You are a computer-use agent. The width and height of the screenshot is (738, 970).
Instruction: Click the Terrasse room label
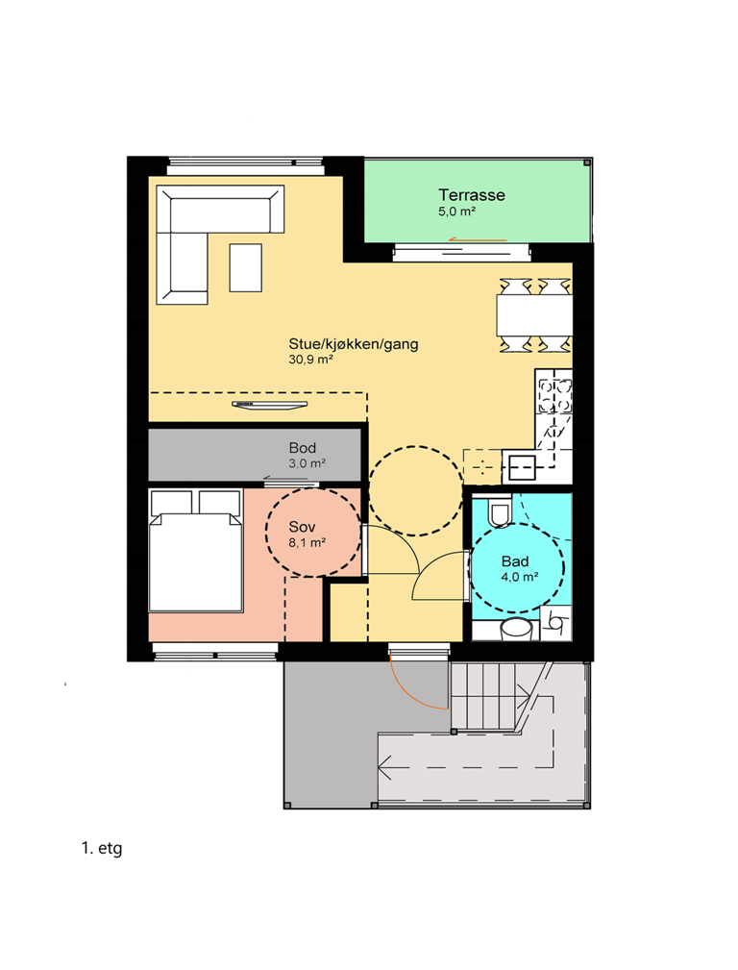472,195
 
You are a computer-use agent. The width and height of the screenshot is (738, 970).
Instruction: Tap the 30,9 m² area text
310,360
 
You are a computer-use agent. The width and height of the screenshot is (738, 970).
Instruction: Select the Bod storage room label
303,447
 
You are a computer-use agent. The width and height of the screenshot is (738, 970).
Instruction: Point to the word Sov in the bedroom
302,527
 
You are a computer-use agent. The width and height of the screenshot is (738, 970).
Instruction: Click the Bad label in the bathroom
515,561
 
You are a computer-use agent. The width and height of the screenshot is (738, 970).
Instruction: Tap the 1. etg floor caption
102,848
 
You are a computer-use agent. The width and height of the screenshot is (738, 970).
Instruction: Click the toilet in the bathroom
500,511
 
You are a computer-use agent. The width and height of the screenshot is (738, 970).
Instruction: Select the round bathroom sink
516,629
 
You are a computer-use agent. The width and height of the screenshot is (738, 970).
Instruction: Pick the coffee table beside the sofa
246,267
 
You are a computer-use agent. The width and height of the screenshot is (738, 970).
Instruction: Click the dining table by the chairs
534,315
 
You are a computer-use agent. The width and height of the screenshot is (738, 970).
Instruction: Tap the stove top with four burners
554,396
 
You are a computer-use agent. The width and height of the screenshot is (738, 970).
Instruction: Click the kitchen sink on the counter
522,468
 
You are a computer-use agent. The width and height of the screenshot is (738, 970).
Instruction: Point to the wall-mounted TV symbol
270,405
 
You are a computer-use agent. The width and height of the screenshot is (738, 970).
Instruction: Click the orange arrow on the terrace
478,239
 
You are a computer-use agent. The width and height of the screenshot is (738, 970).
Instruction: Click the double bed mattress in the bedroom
195,561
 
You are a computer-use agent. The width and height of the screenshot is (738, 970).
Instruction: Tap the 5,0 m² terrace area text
456,211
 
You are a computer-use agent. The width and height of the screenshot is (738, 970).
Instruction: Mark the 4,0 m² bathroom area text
520,577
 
